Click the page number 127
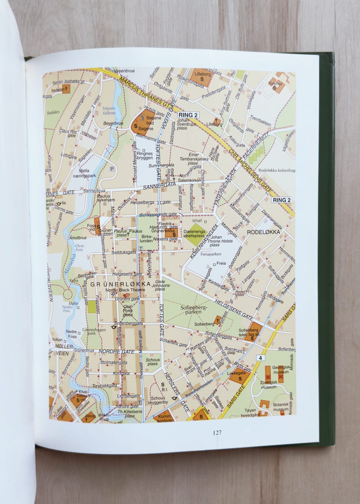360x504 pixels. (x=217, y=432)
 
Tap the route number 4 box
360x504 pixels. (x=260, y=358)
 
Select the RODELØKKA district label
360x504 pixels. (x=264, y=232)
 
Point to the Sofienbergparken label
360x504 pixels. (x=193, y=309)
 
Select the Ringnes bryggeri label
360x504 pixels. (x=145, y=156)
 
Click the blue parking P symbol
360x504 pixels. (x=111, y=169)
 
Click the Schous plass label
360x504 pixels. (x=153, y=361)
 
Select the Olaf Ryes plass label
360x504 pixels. (x=128, y=310)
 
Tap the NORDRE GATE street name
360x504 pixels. (x=117, y=351)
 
